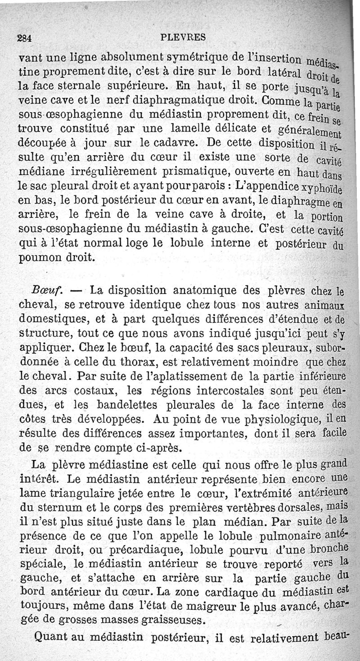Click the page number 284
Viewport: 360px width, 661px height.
(x=24, y=38)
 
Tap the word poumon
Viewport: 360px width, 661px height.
(x=39, y=258)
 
